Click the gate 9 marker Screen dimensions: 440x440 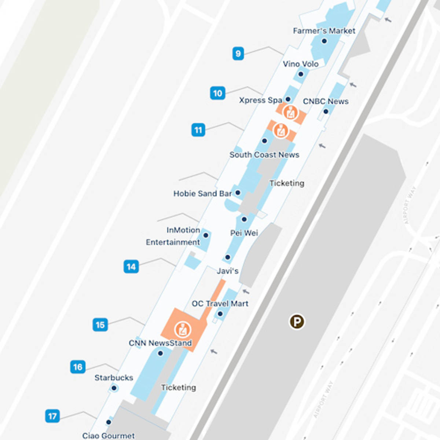click(238, 54)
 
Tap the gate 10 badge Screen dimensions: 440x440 click(217, 93)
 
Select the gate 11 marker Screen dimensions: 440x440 click(198, 130)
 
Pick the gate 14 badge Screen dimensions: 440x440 click(131, 267)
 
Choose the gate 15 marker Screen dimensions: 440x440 click(100, 325)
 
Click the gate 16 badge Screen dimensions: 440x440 click(78, 367)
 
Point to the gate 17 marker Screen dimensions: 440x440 click(52, 416)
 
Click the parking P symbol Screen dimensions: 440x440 click(297, 322)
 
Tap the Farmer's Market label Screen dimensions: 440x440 click(324, 31)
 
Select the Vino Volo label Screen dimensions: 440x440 click(300, 64)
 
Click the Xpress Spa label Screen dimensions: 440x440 click(260, 100)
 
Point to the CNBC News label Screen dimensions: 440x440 click(326, 101)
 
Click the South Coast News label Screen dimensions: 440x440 click(264, 155)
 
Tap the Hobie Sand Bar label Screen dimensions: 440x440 click(202, 193)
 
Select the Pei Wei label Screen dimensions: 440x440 click(244, 233)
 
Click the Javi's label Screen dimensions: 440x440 click(227, 271)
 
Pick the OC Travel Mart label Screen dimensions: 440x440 click(220, 304)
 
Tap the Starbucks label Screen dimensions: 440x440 click(114, 378)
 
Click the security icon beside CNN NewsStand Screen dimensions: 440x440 click(182, 329)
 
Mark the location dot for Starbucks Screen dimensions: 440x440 click(114, 388)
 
